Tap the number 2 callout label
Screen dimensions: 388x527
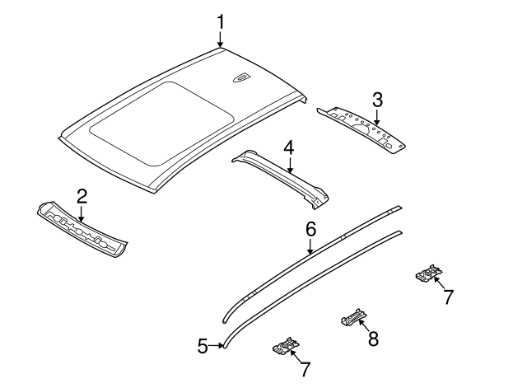pos(82,196)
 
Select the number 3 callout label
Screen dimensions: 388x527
pos(377,100)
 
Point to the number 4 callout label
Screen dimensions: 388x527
pos(288,148)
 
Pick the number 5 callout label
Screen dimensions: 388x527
pos(203,346)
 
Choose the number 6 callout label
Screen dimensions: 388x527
pos(310,228)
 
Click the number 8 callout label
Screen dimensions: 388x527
pos(372,337)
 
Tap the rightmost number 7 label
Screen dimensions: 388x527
pos(448,297)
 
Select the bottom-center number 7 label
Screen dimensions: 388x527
pos(305,370)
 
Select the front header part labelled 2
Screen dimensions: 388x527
pos(82,232)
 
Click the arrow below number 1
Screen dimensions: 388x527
pos(220,39)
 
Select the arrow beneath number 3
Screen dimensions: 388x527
pos(377,117)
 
